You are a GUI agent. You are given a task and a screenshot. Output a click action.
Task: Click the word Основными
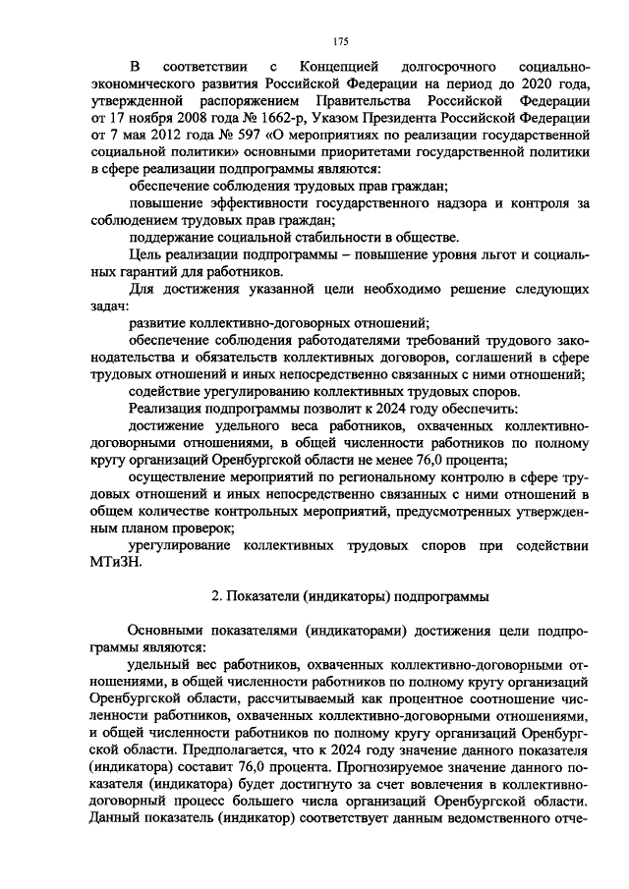click(x=169, y=630)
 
